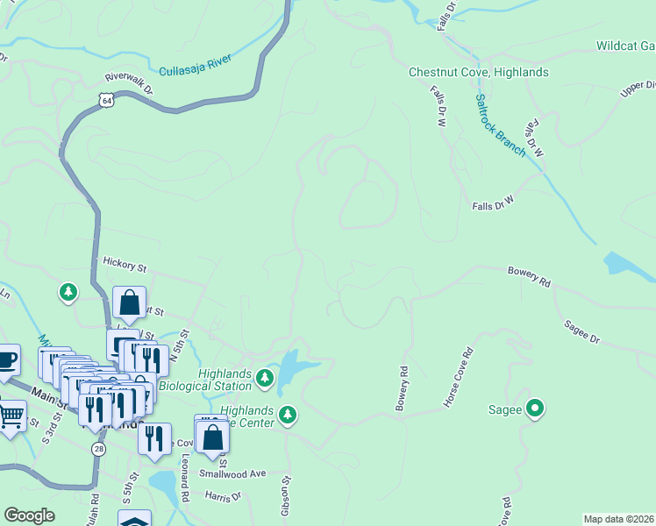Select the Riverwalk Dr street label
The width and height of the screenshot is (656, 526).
[x=129, y=82]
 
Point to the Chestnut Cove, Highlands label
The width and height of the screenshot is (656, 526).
[x=479, y=72]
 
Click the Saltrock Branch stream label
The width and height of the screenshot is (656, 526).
[x=500, y=125]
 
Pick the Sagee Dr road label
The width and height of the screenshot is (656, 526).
[x=582, y=332]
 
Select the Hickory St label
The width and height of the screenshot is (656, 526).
[x=125, y=261]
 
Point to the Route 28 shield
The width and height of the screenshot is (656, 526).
[x=98, y=447]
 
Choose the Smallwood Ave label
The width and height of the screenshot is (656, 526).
[x=232, y=473]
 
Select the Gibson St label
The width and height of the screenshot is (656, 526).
[x=286, y=495]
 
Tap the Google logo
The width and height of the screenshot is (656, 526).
[x=29, y=515]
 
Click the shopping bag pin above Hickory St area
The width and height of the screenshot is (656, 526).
[x=130, y=302]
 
